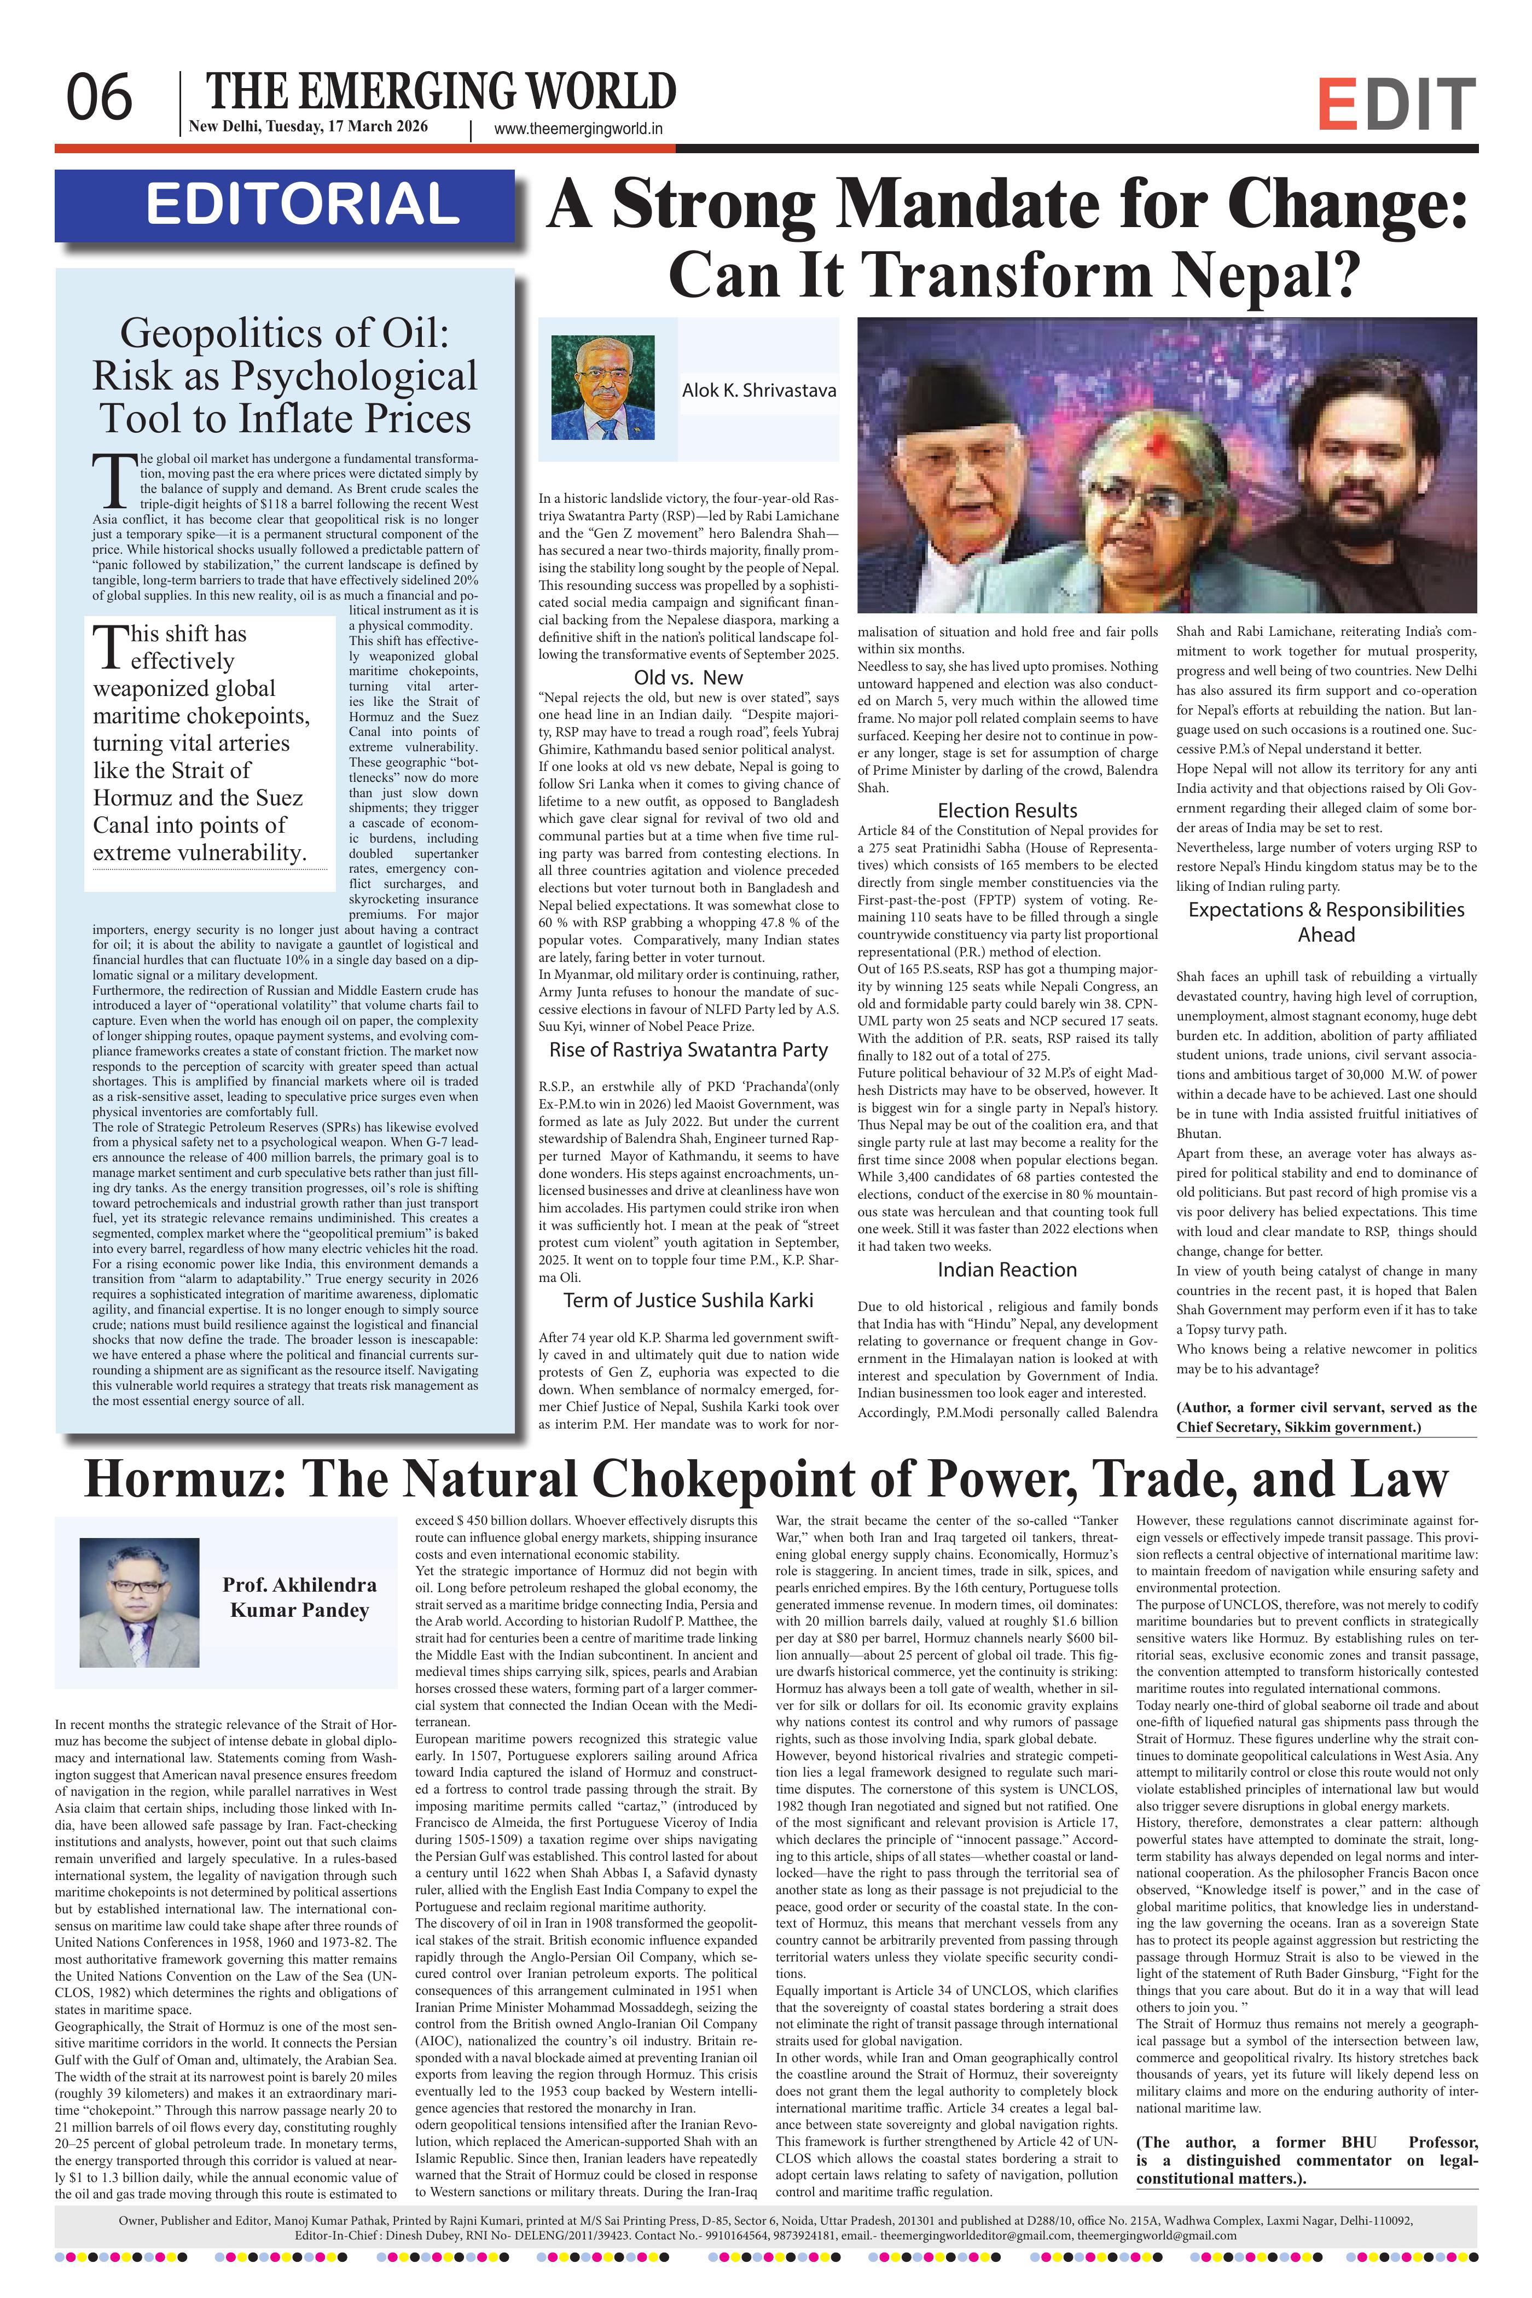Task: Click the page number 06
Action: coord(98,98)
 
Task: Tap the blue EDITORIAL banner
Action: coord(285,205)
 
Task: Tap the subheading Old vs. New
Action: coord(688,677)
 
